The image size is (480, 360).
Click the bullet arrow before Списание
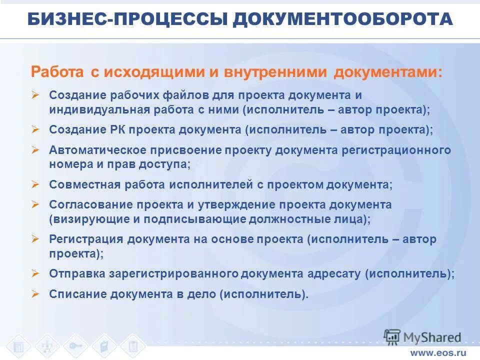pos(35,294)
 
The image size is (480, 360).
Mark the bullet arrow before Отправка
pos(35,273)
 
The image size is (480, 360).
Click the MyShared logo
pos(423,337)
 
